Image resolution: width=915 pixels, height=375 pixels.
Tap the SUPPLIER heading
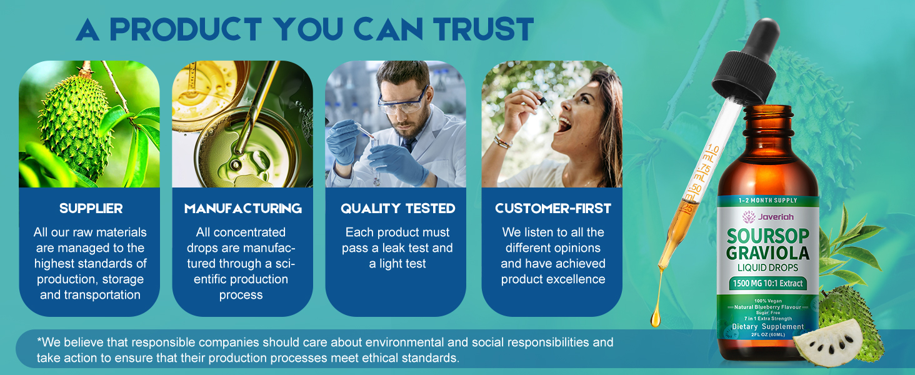tap(91, 208)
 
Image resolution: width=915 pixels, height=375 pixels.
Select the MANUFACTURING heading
tap(242, 208)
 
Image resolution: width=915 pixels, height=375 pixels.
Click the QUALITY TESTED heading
tap(398, 208)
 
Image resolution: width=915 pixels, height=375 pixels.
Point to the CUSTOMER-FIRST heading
tap(553, 208)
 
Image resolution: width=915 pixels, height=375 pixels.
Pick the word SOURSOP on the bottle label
tap(767, 236)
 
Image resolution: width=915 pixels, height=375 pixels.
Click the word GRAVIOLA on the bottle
tap(767, 252)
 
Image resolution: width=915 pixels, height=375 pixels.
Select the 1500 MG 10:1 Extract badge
tap(767, 283)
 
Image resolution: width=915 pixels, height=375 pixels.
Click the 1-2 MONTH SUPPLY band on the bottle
tap(767, 200)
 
